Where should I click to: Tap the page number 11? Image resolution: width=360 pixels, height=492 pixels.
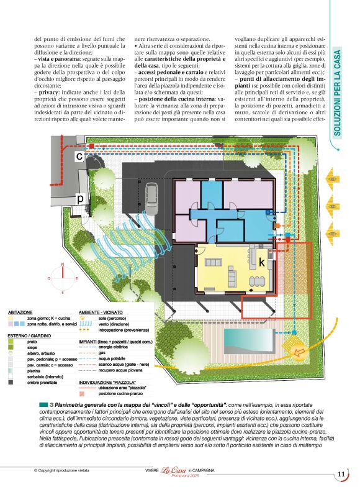click(341, 475)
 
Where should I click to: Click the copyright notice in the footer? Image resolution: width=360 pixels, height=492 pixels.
click(62, 471)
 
